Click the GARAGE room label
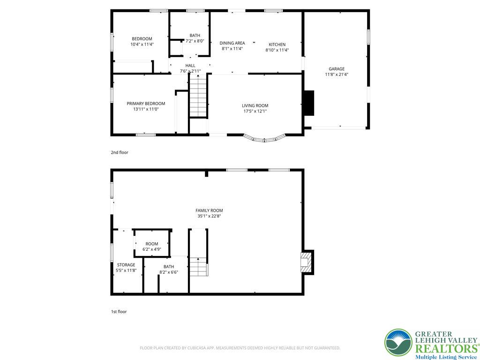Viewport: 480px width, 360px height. pos(337,69)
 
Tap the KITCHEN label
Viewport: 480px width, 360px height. pos(277,45)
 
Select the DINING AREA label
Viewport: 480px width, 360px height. pos(232,43)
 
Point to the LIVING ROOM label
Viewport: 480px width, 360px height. pos(255,105)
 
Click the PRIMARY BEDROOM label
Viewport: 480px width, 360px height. pos(146,104)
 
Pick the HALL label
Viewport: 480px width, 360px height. pos(190,66)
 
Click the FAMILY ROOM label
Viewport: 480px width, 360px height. pos(209,210)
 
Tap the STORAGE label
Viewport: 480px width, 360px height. pos(126,265)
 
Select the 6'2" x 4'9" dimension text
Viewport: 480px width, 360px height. pos(152,249)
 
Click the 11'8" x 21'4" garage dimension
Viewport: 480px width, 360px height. pos(337,75)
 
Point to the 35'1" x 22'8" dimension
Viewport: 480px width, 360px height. pos(209,216)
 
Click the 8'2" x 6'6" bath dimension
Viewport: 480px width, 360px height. pos(169,272)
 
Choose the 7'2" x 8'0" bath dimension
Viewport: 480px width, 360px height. pos(195,41)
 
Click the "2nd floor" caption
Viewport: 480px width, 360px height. pos(120,152)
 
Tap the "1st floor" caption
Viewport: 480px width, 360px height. pos(119,312)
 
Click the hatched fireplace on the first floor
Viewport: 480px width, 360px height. pos(307,262)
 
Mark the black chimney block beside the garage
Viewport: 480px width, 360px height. pos(308,103)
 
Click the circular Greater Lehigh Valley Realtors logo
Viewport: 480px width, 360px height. pos(398,343)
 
